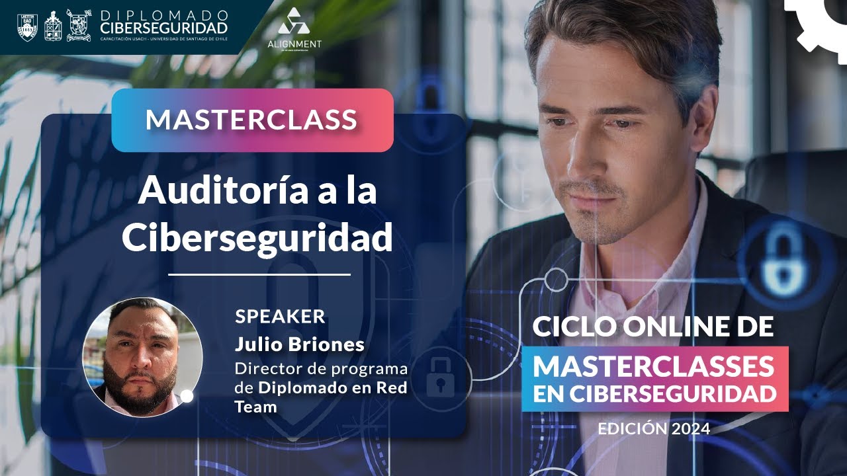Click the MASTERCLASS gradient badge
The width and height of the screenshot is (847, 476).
(252, 120)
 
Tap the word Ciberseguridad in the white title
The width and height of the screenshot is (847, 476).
(257, 238)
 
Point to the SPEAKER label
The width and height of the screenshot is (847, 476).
(280, 316)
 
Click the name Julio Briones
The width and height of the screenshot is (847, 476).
(299, 344)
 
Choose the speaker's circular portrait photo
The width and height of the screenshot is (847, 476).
(142, 357)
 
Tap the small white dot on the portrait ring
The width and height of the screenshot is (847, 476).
(187, 396)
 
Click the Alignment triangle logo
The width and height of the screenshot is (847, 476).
(294, 22)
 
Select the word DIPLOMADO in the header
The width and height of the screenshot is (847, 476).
(164, 15)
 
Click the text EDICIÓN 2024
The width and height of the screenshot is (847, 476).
(654, 428)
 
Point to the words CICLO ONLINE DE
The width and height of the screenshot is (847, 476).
(652, 327)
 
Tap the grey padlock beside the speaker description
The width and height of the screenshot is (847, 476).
(440, 377)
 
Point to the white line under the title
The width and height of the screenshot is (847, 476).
(259, 274)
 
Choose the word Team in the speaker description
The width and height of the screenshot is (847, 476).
(255, 407)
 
